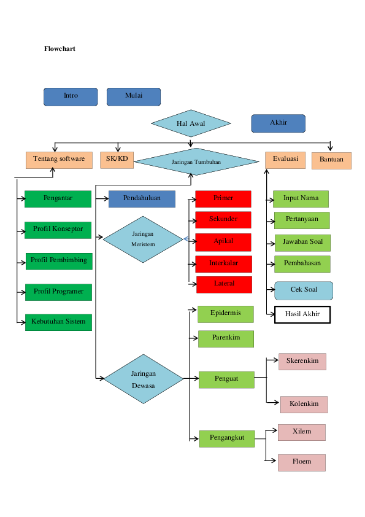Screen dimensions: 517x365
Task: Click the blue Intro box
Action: [x=71, y=96]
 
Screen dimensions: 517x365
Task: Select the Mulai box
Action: [x=134, y=96]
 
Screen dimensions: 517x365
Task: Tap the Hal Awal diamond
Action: [x=191, y=123]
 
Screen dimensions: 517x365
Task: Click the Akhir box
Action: [x=278, y=123]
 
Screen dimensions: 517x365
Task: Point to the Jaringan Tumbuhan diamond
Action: [x=196, y=161]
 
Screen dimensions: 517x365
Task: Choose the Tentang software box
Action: [x=59, y=160]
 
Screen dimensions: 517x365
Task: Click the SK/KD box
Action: [x=117, y=160]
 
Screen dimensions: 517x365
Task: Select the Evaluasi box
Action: [x=285, y=159]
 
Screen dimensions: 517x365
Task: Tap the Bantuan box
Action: [x=331, y=160]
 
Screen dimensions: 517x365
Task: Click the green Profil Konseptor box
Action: [x=58, y=230]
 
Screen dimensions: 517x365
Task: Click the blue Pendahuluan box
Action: [x=142, y=199]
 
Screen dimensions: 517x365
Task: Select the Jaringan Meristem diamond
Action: [x=143, y=239]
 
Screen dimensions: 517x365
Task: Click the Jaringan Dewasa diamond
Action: [x=144, y=379]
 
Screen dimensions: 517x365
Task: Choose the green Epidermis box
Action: [x=225, y=314]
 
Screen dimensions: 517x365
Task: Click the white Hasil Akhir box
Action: [x=302, y=315]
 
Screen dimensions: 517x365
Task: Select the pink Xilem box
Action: [x=301, y=432]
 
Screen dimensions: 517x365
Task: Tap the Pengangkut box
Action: [x=227, y=438]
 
